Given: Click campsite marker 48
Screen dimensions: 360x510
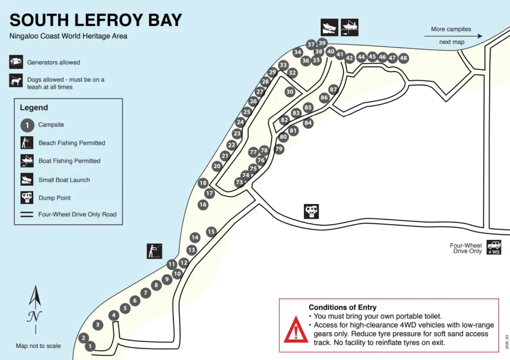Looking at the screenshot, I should [x=403, y=58].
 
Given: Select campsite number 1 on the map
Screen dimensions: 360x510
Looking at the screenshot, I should [x=90, y=346].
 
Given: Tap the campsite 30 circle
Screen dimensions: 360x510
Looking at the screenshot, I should [x=290, y=92].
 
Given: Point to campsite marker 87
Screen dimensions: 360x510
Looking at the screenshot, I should [x=334, y=90].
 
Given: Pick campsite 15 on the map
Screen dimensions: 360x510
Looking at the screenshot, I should [x=211, y=232].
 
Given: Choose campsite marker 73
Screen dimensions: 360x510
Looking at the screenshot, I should [x=239, y=183].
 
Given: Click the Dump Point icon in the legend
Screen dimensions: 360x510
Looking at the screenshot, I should [x=27, y=197].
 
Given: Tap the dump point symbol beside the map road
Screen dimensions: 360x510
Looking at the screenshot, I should [x=311, y=211].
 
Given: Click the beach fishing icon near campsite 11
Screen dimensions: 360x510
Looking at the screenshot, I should [x=155, y=250].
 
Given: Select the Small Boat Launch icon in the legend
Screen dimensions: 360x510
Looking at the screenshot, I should [x=27, y=179].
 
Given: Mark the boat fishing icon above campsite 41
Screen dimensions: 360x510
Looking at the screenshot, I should [x=350, y=26].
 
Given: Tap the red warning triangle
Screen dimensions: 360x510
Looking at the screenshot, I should [x=296, y=331].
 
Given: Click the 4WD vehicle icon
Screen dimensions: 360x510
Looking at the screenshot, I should [x=494, y=247].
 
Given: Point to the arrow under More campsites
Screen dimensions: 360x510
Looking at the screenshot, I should [x=453, y=36].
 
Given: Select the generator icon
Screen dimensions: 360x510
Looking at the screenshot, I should [x=16, y=62].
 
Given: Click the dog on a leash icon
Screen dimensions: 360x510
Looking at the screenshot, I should [x=16, y=81].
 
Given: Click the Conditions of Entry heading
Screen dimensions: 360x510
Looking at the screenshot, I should [x=342, y=307].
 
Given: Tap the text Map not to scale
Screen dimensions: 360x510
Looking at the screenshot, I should [x=38, y=346].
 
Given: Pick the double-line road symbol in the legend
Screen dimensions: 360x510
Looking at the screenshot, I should [x=27, y=215].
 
